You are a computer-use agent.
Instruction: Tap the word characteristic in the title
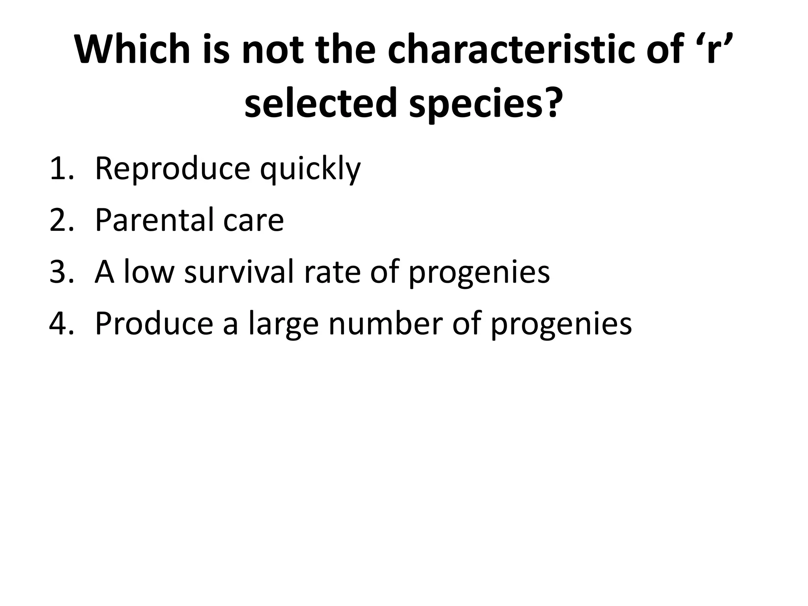tap(511, 50)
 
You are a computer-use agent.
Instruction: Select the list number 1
tap(61, 169)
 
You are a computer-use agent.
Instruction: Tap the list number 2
tap(62, 220)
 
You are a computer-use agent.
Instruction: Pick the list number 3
tap(62, 272)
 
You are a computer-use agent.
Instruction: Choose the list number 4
tap(62, 324)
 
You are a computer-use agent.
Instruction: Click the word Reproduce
tap(172, 169)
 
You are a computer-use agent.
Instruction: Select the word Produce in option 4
tap(154, 324)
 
